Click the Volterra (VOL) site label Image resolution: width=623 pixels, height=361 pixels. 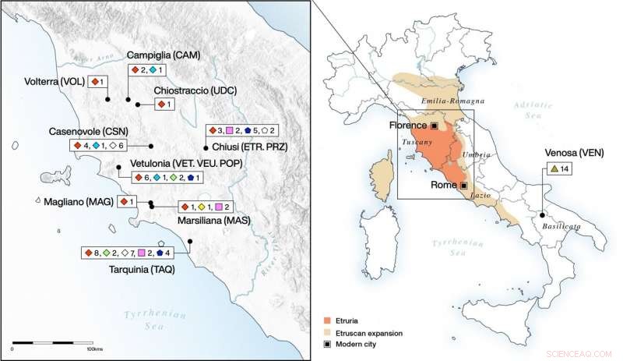tap(54, 80)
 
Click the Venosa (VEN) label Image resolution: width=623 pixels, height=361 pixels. tap(568, 151)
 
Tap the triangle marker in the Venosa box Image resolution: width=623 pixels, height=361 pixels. tap(553, 168)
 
